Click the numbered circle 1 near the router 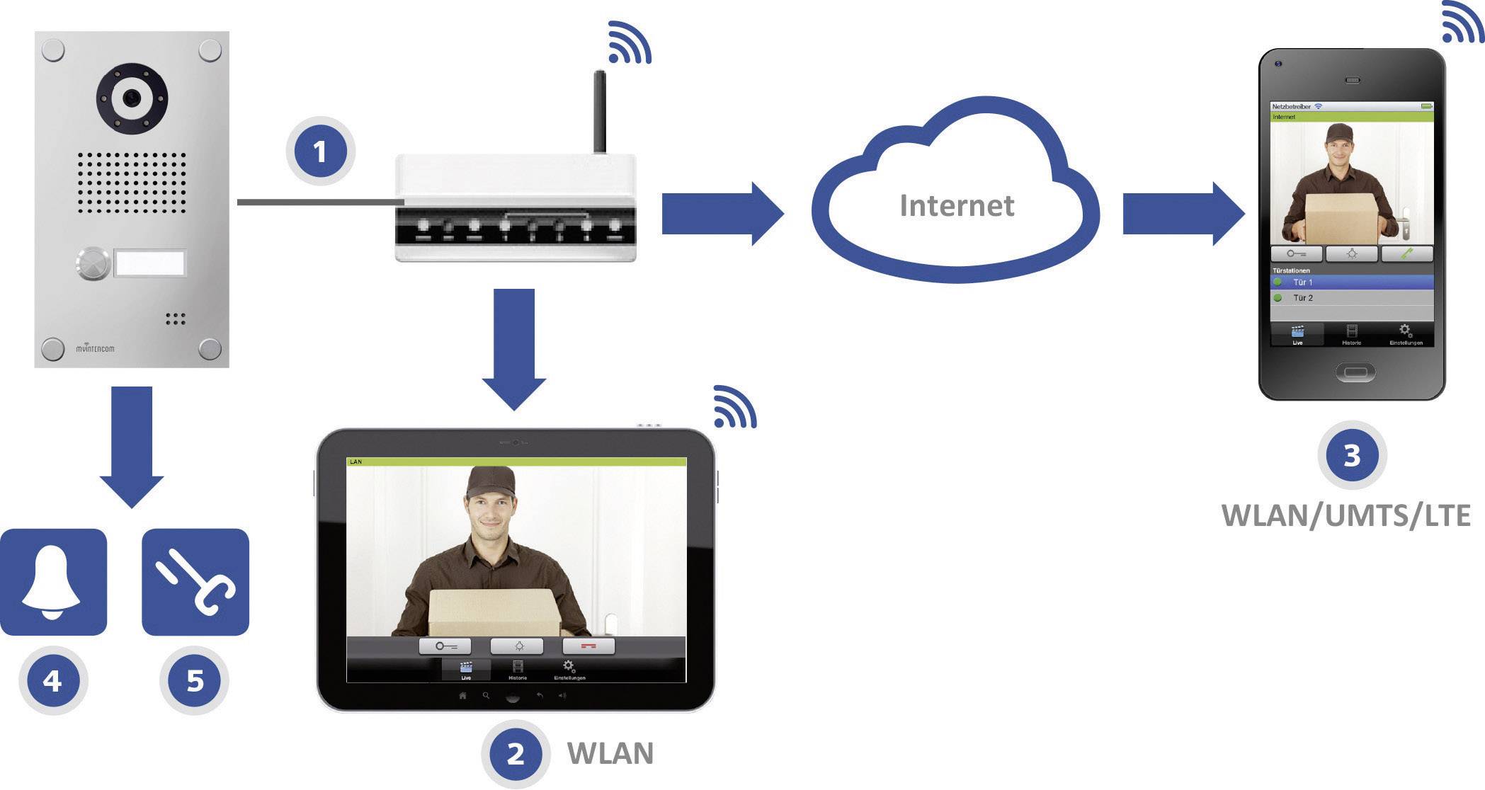(320, 151)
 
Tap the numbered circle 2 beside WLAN (516, 753)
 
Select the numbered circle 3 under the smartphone (1352, 455)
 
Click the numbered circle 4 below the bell (52, 680)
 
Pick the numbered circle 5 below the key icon (195, 680)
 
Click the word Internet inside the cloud (956, 205)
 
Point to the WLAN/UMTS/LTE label (1345, 515)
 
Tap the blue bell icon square (53, 582)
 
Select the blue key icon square (195, 582)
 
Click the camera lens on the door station (131, 98)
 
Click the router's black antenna (599, 112)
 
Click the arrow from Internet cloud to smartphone (1182, 214)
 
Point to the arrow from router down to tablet (514, 347)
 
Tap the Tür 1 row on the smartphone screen (1351, 282)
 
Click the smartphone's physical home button (1355, 372)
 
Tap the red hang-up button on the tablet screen (588, 646)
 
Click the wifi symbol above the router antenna (628, 44)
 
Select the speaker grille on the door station (132, 183)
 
